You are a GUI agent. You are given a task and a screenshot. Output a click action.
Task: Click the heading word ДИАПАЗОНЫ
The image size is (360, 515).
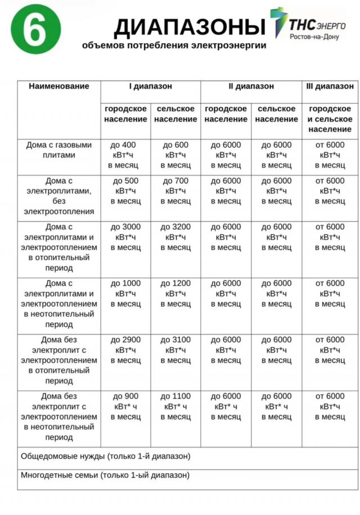pos(189,27)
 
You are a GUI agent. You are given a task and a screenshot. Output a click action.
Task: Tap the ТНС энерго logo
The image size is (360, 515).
pos(307,24)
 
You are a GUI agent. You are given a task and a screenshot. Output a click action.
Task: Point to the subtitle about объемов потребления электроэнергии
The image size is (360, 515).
pos(174,46)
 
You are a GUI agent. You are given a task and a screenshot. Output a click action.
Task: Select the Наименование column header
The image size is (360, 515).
pos(59,87)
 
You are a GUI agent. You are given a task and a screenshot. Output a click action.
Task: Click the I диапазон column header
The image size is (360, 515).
pos(150,87)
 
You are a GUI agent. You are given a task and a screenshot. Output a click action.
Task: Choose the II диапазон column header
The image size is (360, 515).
pos(251,87)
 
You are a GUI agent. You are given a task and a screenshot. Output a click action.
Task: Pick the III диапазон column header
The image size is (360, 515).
pos(330,87)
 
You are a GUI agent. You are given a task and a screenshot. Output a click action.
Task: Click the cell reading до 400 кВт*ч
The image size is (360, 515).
pos(125,155)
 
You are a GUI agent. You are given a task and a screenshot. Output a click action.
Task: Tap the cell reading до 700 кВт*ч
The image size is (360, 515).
pos(175,191)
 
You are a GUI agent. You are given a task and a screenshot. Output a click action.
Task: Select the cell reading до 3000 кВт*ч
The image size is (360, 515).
pos(125,237)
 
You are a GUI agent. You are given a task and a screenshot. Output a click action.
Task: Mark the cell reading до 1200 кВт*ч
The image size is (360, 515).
pos(175,293)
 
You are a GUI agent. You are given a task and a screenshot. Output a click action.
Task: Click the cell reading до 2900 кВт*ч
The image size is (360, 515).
pos(125,350)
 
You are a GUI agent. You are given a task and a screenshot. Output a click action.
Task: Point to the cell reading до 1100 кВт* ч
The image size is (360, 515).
pos(175,406)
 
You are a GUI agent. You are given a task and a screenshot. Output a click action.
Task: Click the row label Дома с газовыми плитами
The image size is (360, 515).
pos(59,150)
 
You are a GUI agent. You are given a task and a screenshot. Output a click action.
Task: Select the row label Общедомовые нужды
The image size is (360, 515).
pos(106,456)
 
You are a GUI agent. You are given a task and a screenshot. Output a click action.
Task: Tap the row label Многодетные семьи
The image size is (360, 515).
pos(105,475)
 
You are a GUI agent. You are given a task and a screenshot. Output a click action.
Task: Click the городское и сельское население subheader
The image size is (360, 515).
pos(330,119)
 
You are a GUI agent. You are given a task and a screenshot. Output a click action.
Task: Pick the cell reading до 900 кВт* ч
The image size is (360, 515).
pos(125,406)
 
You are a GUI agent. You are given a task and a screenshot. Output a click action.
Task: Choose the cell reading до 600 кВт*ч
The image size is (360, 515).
pos(175,155)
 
